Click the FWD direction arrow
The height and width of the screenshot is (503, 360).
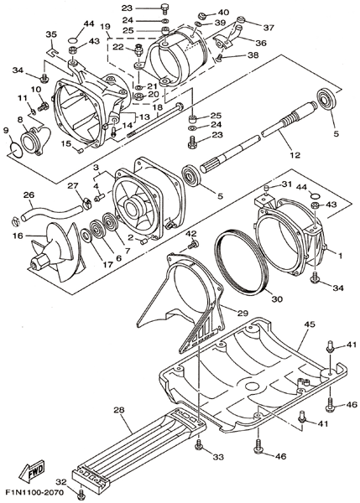pos(32,471)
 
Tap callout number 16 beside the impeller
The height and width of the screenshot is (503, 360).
pos(18,236)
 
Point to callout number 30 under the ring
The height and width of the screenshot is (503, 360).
pos(277,299)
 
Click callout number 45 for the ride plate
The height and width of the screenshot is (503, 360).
pos(310,324)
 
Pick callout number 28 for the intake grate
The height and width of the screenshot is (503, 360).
pos(119,410)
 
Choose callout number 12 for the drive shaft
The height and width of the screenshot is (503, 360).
pos(295,155)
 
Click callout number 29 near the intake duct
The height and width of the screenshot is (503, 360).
pos(243,314)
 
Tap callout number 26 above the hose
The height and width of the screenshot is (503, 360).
pos(29,195)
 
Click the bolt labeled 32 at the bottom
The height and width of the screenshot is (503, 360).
pos(81,496)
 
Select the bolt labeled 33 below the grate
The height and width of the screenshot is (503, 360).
pos(199,444)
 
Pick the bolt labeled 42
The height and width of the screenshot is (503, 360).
pos(193,246)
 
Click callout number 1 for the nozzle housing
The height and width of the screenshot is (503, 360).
pos(340,256)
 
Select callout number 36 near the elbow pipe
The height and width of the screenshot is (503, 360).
pos(262,43)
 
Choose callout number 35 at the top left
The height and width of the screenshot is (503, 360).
pos(51,34)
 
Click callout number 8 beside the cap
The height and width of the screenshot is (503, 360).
pos(20,120)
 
